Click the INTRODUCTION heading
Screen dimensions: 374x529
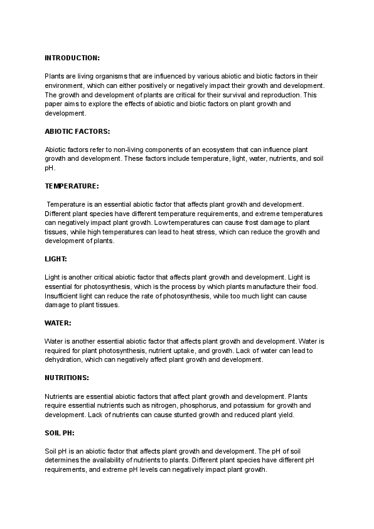72,58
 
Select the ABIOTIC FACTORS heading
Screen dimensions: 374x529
77,131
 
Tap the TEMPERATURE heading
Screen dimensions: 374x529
72,187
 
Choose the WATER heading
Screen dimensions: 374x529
58,323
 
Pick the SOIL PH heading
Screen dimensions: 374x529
60,433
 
